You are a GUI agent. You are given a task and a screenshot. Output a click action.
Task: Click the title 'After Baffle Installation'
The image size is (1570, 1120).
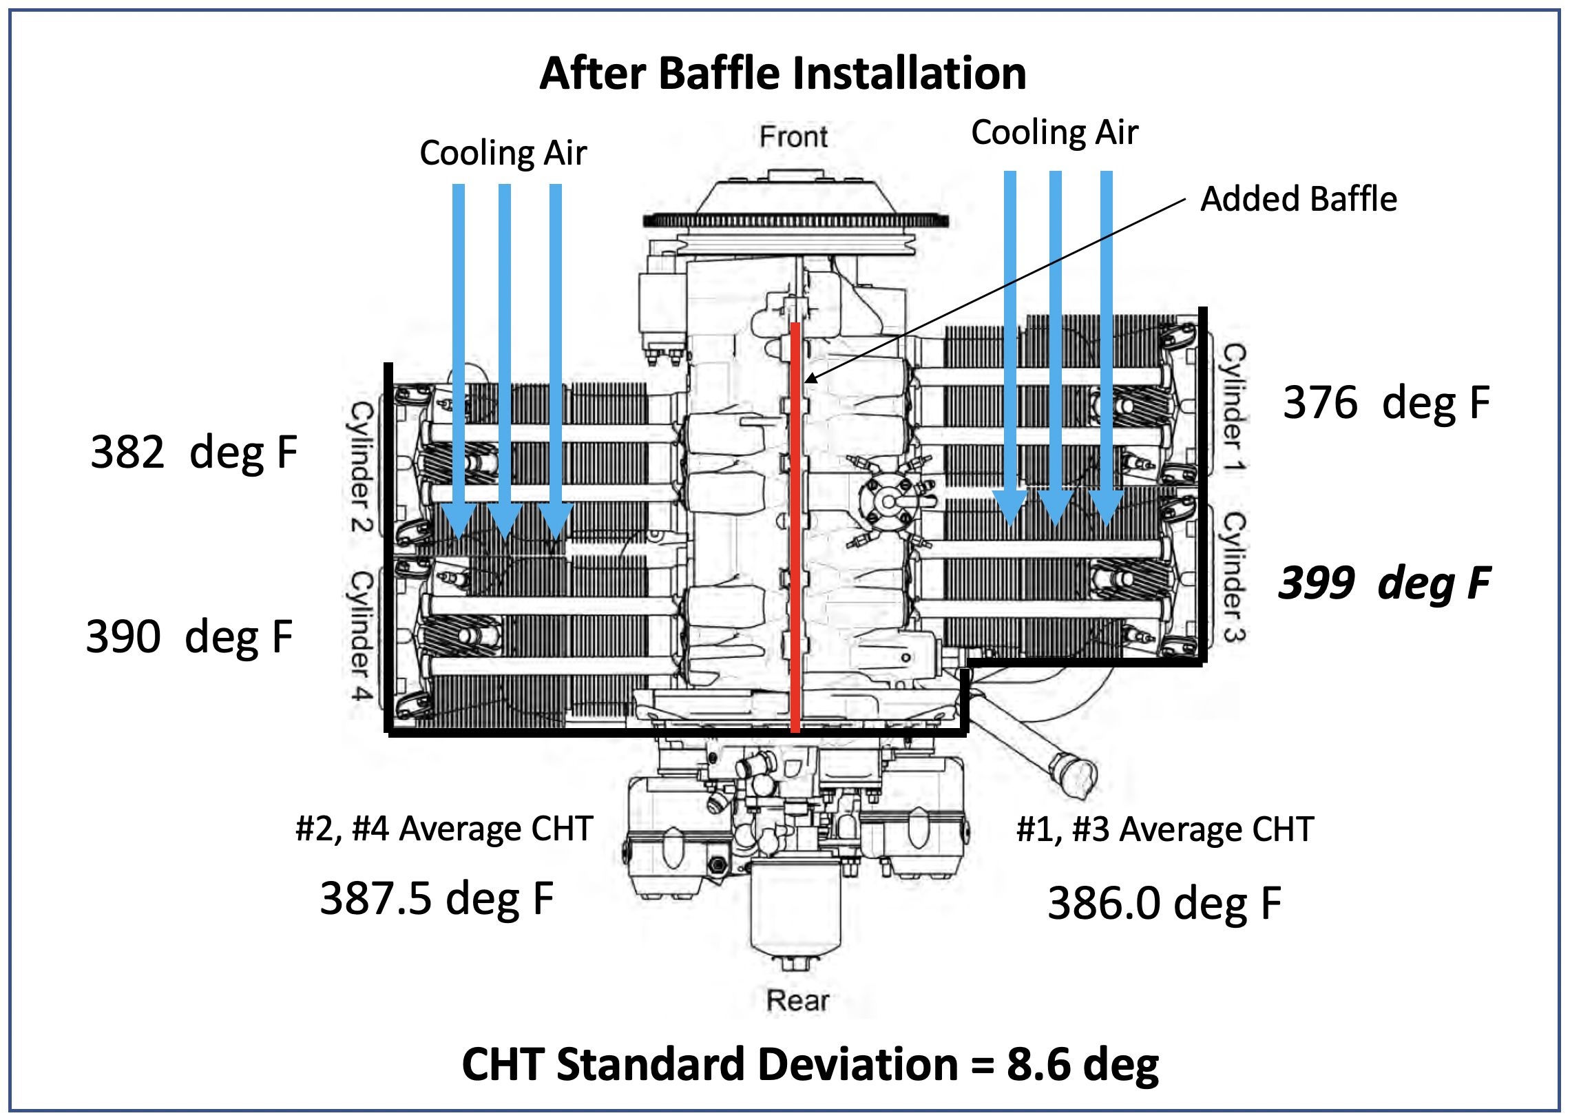(782, 73)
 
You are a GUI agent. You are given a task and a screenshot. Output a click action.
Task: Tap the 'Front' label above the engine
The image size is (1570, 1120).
(793, 136)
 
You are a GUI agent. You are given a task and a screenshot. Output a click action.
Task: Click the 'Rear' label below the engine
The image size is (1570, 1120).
(797, 1000)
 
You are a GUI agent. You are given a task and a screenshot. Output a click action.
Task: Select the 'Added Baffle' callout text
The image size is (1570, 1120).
(1298, 199)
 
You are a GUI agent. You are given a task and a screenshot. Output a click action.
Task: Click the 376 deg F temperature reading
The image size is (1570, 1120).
(1386, 403)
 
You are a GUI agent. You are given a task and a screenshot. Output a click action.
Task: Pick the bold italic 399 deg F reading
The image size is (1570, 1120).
(1384, 583)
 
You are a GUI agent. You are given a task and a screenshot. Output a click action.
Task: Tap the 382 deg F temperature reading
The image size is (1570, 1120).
(193, 453)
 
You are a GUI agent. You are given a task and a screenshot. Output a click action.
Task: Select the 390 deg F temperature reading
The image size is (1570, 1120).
(189, 636)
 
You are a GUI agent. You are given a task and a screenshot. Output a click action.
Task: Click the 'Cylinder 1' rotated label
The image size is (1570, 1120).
(1234, 407)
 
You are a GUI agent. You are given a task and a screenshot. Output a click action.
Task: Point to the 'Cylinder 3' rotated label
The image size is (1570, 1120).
(1234, 577)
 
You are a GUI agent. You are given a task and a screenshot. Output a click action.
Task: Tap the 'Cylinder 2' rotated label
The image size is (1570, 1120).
(362, 466)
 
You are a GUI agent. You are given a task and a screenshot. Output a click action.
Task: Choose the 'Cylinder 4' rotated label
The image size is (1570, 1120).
(362, 635)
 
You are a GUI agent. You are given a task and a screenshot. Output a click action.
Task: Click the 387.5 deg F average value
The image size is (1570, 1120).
(437, 899)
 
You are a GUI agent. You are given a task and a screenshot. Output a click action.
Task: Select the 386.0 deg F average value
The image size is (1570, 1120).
(1164, 904)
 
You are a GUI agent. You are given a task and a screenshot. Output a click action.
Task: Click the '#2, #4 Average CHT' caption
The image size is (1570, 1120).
(444, 828)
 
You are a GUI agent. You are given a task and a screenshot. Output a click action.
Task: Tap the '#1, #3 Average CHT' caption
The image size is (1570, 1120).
(1164, 829)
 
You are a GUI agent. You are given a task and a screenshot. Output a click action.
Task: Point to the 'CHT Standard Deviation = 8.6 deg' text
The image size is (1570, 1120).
(810, 1064)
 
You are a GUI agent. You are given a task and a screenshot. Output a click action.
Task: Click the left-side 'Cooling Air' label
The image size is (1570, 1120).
(503, 152)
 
